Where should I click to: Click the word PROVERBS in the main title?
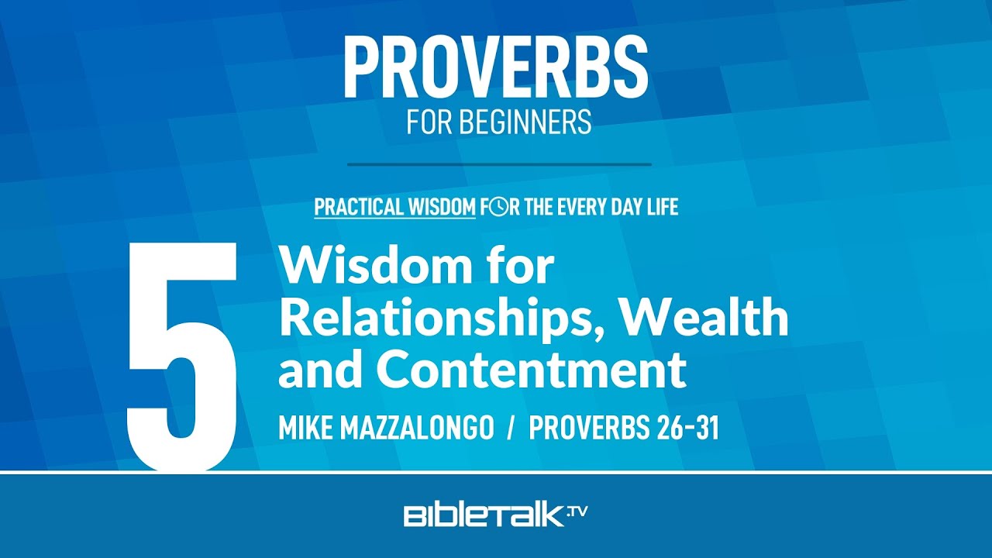pyautogui.click(x=495, y=67)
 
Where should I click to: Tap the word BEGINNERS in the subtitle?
pyautogui.click(x=525, y=122)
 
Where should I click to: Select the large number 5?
pyautogui.click(x=181, y=356)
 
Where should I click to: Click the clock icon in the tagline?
pyautogui.click(x=498, y=207)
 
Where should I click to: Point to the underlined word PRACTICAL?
pyautogui.click(x=359, y=207)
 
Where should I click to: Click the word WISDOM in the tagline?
pyautogui.click(x=442, y=207)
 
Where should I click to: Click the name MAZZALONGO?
pyautogui.click(x=417, y=428)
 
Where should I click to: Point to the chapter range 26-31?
pyautogui.click(x=687, y=428)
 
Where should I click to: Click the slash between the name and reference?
pyautogui.click(x=512, y=428)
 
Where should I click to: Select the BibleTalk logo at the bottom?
pyautogui.click(x=495, y=515)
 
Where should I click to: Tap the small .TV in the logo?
pyautogui.click(x=577, y=512)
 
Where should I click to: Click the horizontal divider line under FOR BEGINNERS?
pyautogui.click(x=499, y=165)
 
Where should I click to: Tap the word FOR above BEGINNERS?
pyautogui.click(x=429, y=122)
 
